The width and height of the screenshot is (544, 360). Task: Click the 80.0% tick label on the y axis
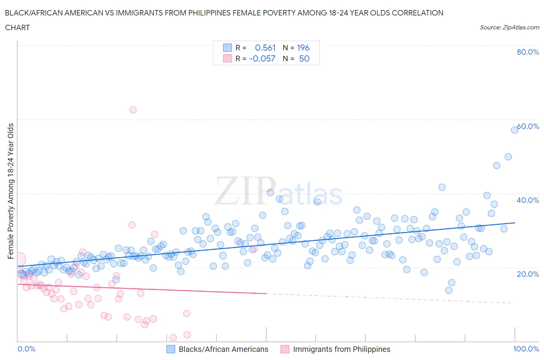(528, 52)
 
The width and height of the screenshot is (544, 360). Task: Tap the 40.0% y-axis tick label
(528, 200)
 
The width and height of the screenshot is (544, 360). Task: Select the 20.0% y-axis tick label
(528, 274)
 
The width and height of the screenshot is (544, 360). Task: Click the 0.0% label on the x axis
(26, 349)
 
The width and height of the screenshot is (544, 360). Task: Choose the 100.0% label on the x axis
(526, 349)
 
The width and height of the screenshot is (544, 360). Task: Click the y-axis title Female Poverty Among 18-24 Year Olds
(11, 191)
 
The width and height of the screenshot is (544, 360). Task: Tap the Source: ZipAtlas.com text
(509, 27)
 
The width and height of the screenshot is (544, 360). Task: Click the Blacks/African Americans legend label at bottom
(223, 349)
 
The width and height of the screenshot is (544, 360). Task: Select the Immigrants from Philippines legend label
(341, 349)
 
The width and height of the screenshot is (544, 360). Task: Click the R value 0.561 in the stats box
(265, 48)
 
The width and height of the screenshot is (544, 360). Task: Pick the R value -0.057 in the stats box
(262, 58)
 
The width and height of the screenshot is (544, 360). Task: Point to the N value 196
(303, 48)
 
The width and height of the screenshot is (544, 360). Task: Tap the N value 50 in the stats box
(304, 58)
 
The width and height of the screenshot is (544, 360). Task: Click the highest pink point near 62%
(133, 110)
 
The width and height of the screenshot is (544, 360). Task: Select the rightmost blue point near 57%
(514, 130)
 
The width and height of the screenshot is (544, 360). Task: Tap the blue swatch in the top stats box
(227, 48)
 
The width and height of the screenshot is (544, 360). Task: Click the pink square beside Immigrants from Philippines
(285, 349)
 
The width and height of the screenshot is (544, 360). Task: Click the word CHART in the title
(17, 27)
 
